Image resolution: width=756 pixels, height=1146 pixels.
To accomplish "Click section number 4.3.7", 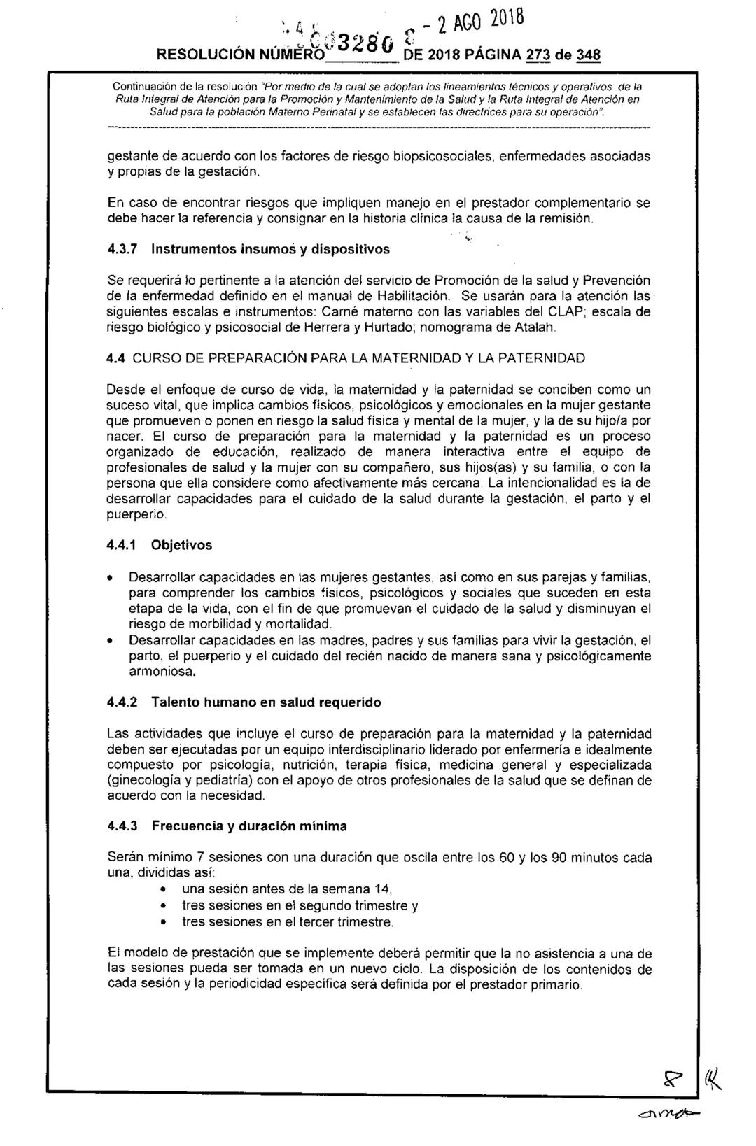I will pyautogui.click(x=124, y=248).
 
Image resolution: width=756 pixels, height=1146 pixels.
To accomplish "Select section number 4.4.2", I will pyautogui.click(x=124, y=702).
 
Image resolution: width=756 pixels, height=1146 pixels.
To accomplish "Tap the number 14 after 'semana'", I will pyautogui.click(x=381, y=889).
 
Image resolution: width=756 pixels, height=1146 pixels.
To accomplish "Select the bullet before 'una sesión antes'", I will pyautogui.click(x=163, y=890).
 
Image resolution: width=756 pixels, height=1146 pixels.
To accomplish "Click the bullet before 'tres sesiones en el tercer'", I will pyautogui.click(x=163, y=922).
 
